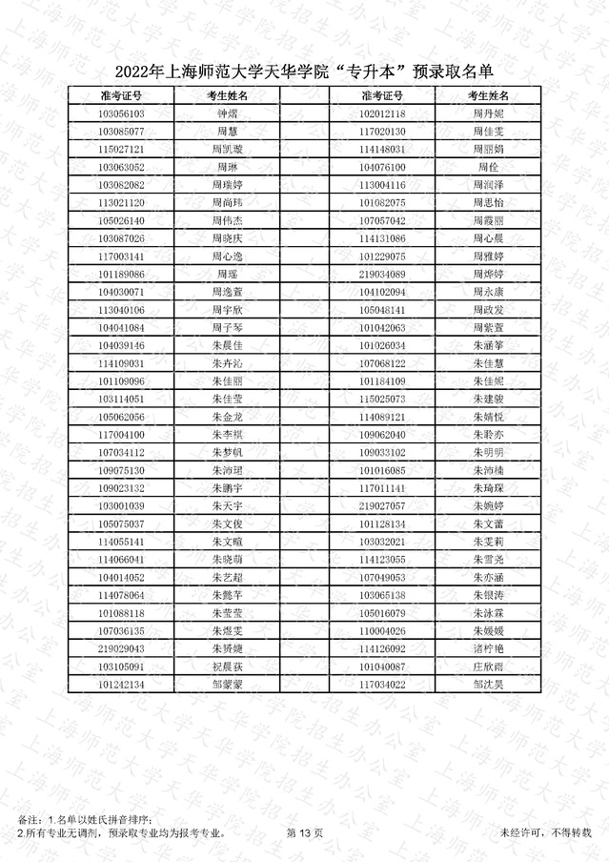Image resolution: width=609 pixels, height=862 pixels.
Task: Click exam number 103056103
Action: (121, 113)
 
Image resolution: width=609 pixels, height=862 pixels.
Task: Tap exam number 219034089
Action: (382, 275)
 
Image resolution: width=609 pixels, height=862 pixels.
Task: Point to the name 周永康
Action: (487, 292)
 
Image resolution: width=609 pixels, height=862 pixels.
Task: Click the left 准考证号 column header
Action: (121, 96)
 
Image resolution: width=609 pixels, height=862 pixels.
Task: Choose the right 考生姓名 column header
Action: (487, 96)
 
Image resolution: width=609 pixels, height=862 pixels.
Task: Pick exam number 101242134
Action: (121, 685)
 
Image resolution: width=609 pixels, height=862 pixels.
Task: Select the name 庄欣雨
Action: (487, 667)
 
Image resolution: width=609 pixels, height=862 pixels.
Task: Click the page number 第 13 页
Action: (305, 833)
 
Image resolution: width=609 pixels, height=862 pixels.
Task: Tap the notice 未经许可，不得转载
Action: (545, 833)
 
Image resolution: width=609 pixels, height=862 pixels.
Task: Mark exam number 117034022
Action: (382, 685)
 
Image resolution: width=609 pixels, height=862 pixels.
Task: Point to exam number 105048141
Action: (382, 310)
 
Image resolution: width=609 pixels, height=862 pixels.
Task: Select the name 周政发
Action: (487, 310)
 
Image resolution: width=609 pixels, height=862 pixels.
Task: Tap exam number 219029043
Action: (121, 648)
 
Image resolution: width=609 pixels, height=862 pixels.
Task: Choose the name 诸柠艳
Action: (487, 648)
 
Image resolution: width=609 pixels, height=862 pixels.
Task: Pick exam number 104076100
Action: (382, 167)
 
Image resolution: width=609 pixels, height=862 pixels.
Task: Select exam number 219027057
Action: (382, 506)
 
